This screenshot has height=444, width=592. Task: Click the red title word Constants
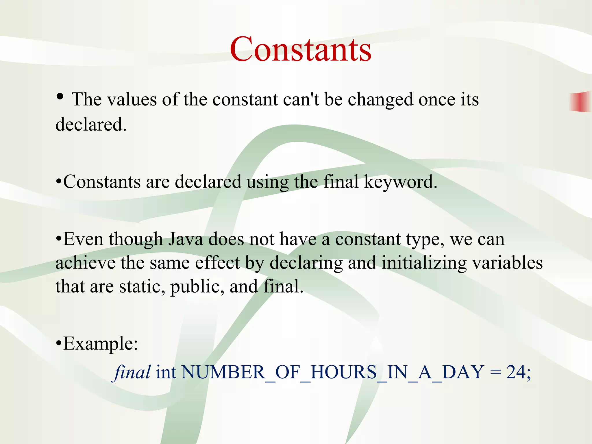[301, 49]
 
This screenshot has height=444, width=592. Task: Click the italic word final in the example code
[132, 372]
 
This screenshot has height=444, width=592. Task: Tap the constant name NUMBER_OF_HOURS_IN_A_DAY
[332, 372]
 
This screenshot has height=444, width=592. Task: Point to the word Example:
[100, 344]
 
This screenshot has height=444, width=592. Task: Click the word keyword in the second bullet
[400, 182]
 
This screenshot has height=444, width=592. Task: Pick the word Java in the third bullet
[186, 239]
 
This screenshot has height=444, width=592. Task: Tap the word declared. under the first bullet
[91, 125]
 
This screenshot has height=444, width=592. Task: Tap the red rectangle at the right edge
[580, 101]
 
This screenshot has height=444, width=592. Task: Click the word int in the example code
[166, 372]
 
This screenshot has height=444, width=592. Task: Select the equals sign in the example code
[495, 373]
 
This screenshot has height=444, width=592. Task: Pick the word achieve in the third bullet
[85, 263]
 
